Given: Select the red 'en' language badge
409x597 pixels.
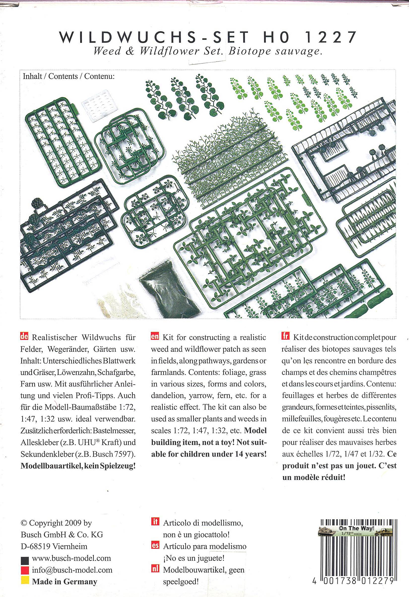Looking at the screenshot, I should [x=155, y=337].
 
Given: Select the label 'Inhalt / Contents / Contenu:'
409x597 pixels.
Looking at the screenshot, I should [x=68, y=76].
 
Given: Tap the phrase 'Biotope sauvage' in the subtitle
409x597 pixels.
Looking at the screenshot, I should [x=275, y=51].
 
